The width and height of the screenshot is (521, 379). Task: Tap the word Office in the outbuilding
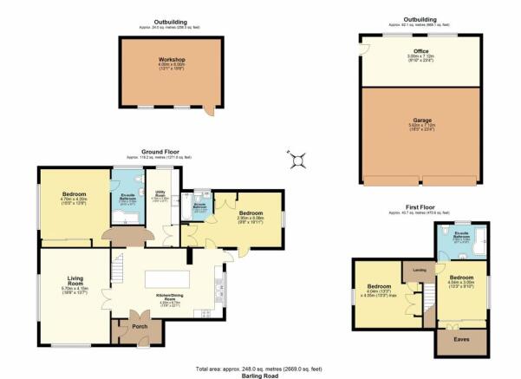pyautogui.click(x=422, y=51)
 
